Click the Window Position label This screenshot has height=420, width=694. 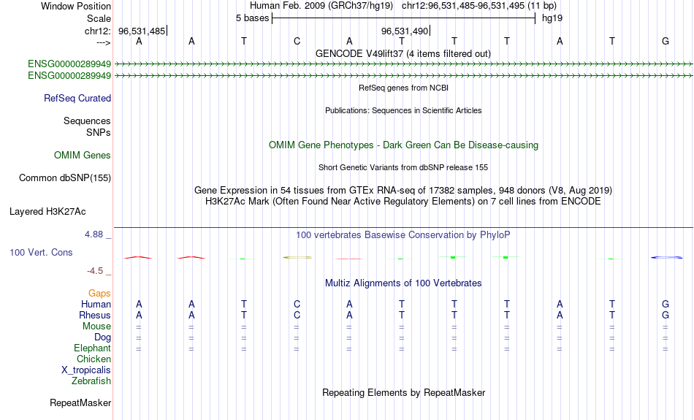click(x=76, y=6)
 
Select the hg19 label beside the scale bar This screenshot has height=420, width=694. click(x=552, y=18)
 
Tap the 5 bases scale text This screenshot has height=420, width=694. click(x=252, y=18)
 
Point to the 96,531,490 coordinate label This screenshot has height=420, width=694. click(x=405, y=31)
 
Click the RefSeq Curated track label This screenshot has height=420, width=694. click(x=77, y=99)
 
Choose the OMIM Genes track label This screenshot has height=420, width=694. click(x=83, y=156)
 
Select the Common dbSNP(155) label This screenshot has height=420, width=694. click(x=65, y=178)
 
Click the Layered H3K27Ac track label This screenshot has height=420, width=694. click(x=47, y=212)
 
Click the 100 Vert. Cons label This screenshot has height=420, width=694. click(x=41, y=252)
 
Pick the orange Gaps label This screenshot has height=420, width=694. click(x=99, y=293)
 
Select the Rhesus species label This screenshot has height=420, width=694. click(x=95, y=315)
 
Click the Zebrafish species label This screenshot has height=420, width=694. click(x=91, y=381)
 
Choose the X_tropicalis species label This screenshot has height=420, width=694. click(x=86, y=370)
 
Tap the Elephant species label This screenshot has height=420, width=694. click(x=93, y=348)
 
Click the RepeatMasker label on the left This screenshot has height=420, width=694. click(x=80, y=402)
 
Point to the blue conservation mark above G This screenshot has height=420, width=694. click(x=666, y=257)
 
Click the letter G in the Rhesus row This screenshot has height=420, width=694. click(x=666, y=315)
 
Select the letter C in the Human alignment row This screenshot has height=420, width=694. click(x=297, y=304)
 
